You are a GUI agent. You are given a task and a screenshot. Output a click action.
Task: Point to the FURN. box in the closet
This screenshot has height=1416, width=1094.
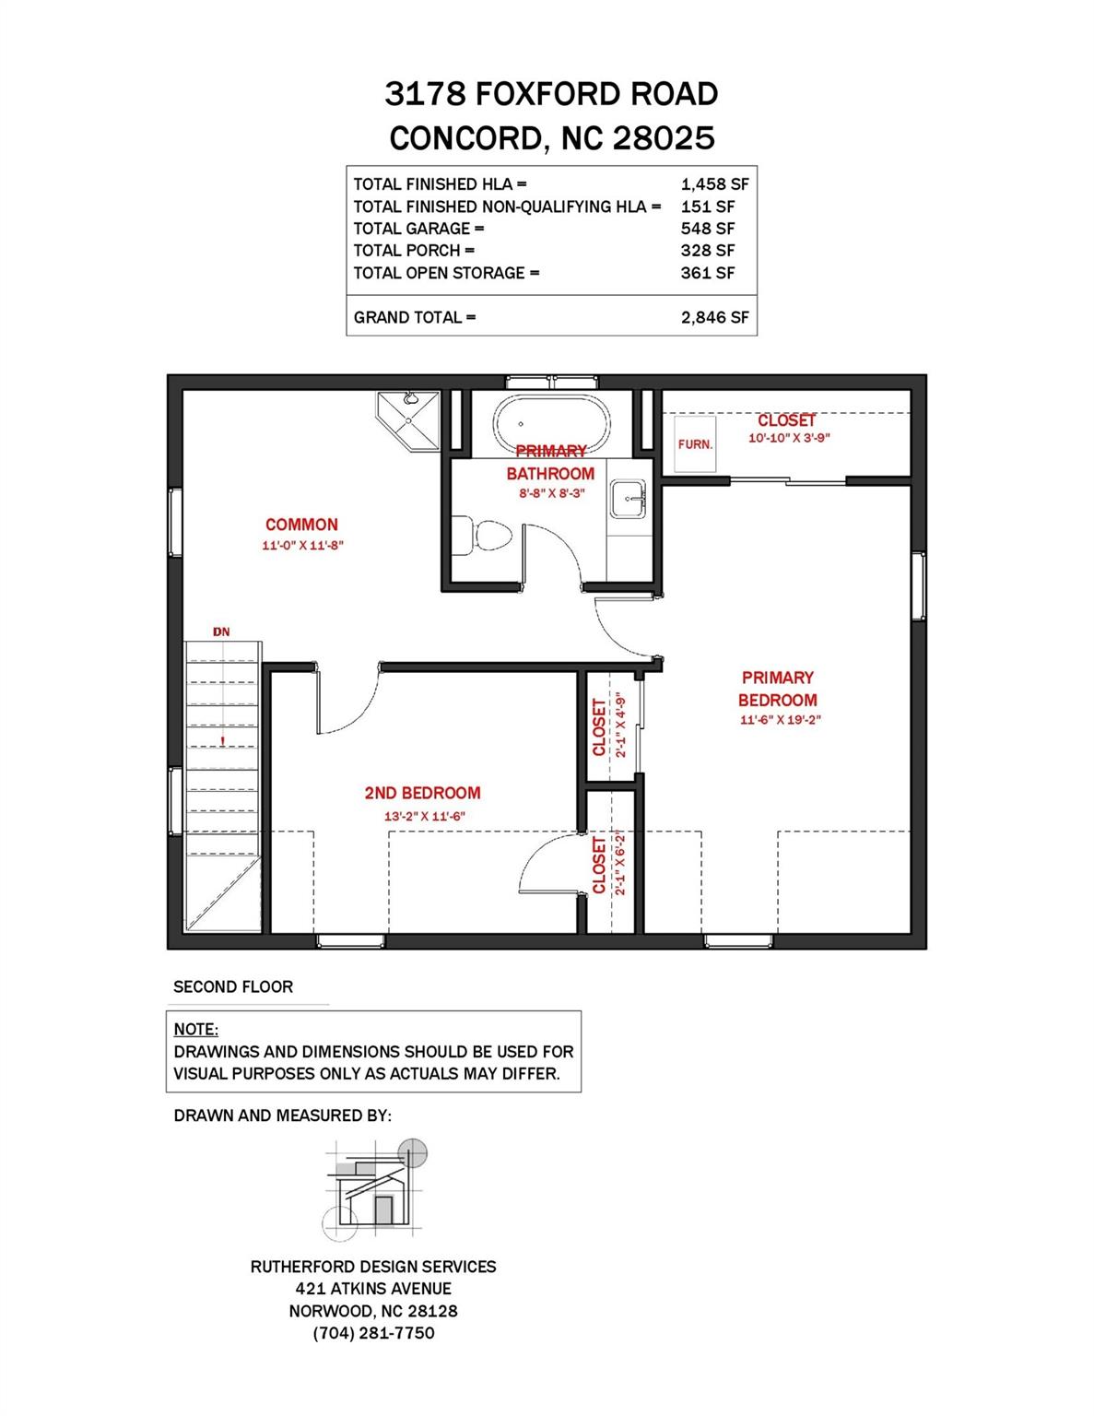(x=695, y=443)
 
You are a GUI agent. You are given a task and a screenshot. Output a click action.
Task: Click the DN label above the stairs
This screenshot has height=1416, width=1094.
(x=221, y=631)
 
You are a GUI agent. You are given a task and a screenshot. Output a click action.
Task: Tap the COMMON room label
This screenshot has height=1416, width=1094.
(x=301, y=525)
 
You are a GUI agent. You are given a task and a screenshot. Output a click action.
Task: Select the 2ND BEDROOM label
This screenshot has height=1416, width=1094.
(x=422, y=793)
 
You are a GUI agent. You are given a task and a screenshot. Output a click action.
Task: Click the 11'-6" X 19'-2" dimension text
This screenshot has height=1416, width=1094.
(x=779, y=721)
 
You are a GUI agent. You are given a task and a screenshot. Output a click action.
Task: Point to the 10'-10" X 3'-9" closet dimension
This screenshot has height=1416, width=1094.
(x=789, y=439)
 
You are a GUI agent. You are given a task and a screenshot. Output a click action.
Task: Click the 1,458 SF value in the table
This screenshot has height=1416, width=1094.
(x=714, y=184)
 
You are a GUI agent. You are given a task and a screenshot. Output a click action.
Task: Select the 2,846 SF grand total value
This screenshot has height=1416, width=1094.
(x=714, y=317)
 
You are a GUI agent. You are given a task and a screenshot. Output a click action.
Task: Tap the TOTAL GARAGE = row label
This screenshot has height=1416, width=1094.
(x=418, y=229)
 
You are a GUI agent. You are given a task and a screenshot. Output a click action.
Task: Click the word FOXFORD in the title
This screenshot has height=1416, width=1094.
(x=549, y=94)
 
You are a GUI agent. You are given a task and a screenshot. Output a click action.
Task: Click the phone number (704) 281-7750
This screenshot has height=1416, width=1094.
(x=373, y=1333)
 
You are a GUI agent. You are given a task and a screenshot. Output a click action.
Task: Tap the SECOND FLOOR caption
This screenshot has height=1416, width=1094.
(x=233, y=986)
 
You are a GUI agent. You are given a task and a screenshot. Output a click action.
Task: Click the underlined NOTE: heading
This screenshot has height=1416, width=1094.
(x=195, y=1029)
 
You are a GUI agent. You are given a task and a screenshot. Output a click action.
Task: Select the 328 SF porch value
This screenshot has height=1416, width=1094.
(x=707, y=251)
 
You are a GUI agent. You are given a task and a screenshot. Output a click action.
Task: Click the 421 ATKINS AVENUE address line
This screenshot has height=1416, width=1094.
(x=373, y=1289)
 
